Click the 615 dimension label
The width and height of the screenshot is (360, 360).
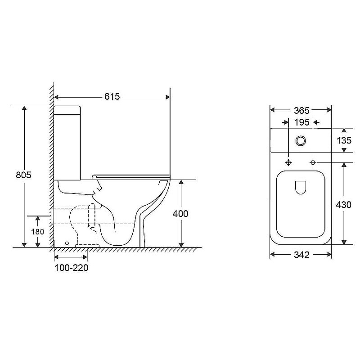tap(112, 97)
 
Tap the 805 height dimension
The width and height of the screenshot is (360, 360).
tap(23, 175)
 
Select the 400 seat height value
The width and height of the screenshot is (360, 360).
tap(180, 214)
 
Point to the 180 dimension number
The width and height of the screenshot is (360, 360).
tap(38, 232)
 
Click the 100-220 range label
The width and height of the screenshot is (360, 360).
tap(72, 268)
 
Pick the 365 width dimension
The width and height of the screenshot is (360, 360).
tap(301, 111)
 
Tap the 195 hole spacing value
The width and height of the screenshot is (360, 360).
tap(301, 122)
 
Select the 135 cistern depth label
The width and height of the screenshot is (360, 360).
tap(344, 140)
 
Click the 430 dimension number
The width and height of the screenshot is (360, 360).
tap(344, 205)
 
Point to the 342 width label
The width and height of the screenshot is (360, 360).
tap(301, 255)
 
